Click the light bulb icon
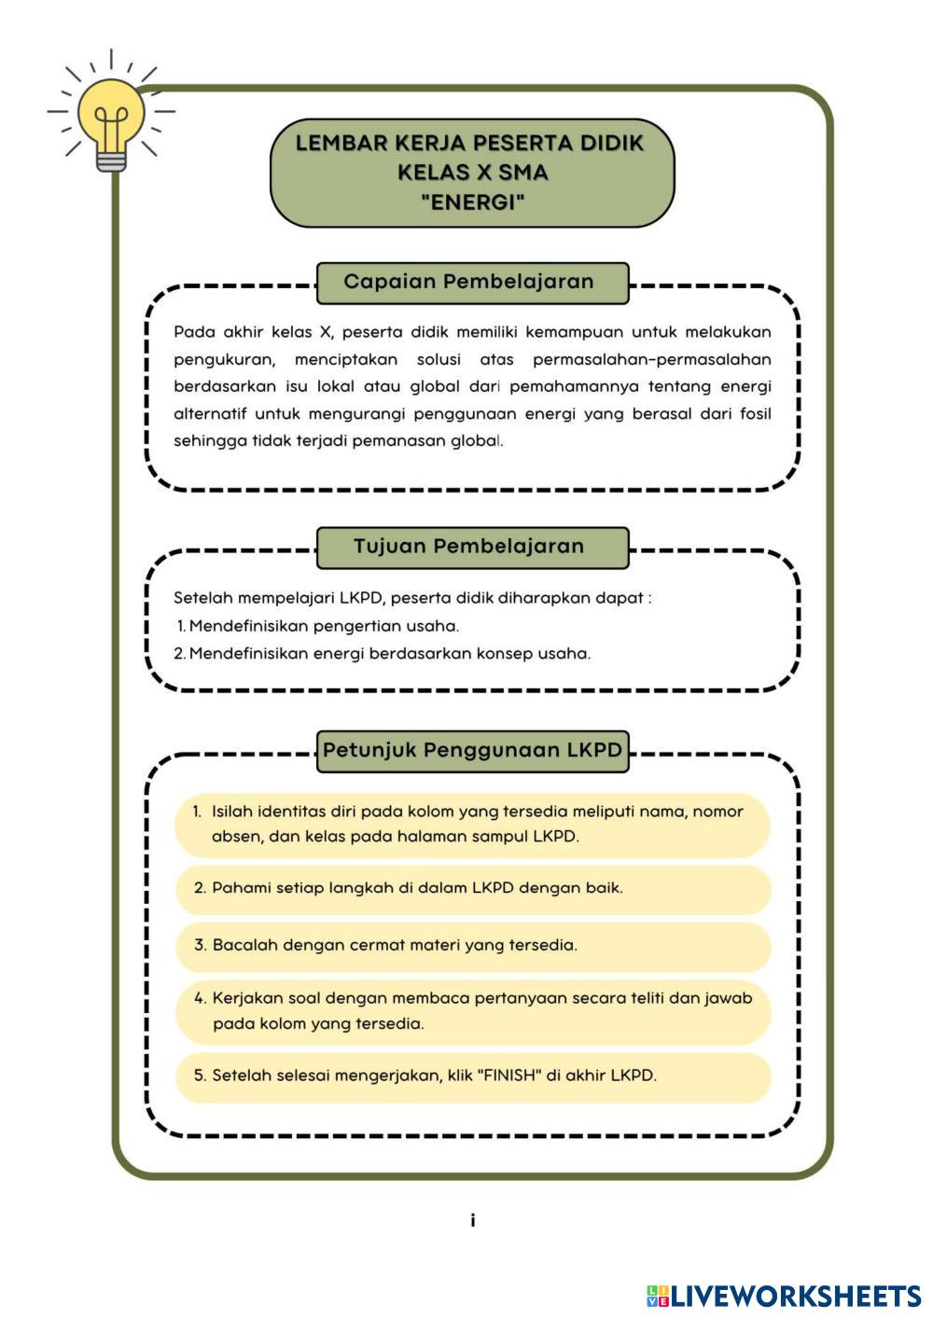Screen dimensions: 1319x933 (111, 121)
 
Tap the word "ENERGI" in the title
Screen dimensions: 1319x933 (472, 201)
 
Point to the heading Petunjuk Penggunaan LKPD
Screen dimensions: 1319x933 (472, 750)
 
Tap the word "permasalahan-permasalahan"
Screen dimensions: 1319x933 (651, 359)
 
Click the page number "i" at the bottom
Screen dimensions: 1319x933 (473, 1220)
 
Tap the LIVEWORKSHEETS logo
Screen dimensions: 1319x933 (784, 1296)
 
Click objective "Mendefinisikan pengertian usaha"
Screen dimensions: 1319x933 (324, 626)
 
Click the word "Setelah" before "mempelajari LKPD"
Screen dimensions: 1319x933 (202, 598)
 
